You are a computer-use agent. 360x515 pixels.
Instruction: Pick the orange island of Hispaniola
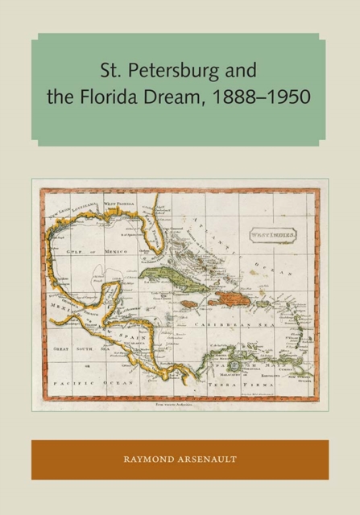pyautogui.click(x=231, y=299)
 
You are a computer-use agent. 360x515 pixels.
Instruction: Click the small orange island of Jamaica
pyautogui.click(x=188, y=304)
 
